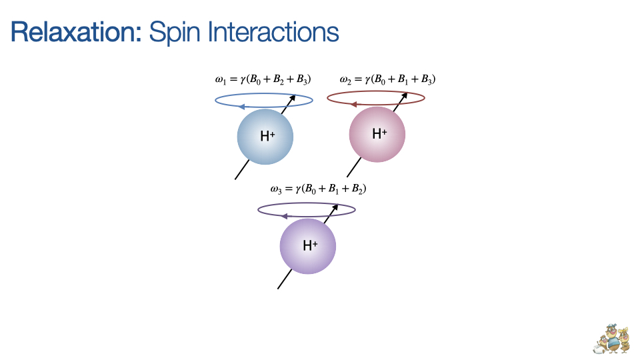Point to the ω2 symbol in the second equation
click(345, 81)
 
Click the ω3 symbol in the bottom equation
click(277, 189)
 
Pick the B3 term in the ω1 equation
click(304, 80)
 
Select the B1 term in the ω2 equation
click(406, 80)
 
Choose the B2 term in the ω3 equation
click(358, 189)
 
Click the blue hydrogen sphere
click(265, 137)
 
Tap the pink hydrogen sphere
click(377, 133)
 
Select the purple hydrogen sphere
click(307, 246)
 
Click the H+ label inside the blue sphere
click(268, 137)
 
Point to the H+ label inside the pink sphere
click(379, 133)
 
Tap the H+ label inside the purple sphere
click(310, 245)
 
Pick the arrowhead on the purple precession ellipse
click(284, 215)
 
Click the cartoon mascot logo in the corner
click(612, 339)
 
